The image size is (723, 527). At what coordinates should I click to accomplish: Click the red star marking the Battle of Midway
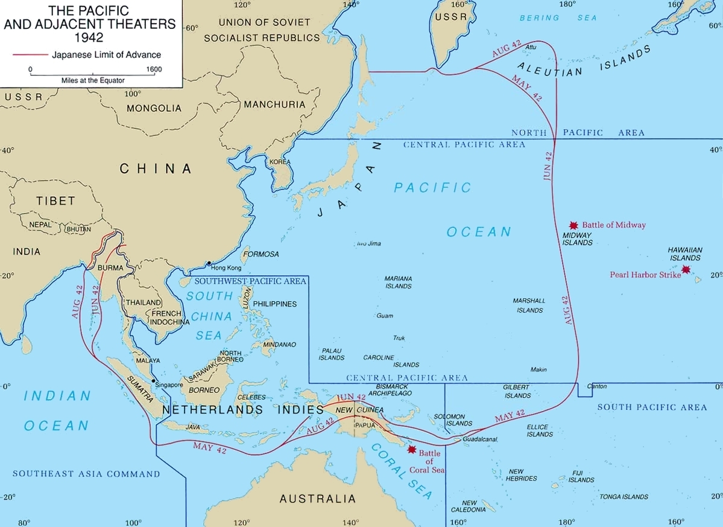[573, 224]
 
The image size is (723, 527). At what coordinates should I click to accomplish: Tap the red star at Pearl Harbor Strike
[686, 269]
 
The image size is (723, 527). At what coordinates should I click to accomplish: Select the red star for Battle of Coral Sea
[412, 449]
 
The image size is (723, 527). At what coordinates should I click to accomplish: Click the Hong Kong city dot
[209, 263]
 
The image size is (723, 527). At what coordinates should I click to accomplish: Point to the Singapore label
[169, 385]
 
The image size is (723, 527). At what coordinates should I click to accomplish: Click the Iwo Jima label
[369, 244]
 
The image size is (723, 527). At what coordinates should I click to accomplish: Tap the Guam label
[385, 316]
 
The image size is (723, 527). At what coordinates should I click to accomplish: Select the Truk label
[399, 338]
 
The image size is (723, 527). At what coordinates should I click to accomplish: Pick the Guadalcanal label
[479, 439]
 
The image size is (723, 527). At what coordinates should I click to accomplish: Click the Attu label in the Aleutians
[531, 47]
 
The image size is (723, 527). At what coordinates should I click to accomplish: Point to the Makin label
[538, 369]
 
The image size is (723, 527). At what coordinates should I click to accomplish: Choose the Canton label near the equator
[597, 386]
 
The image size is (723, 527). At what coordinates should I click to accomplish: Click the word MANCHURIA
[274, 104]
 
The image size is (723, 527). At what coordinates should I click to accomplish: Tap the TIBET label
[55, 200]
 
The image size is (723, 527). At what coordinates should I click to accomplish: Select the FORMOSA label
[260, 254]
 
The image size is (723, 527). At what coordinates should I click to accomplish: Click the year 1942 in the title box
[90, 36]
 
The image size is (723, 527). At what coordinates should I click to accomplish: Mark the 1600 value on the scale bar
[154, 69]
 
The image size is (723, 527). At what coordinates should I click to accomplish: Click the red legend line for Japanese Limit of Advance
[30, 54]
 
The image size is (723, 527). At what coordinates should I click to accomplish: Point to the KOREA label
[280, 162]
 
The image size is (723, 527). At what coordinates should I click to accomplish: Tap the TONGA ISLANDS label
[624, 497]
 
